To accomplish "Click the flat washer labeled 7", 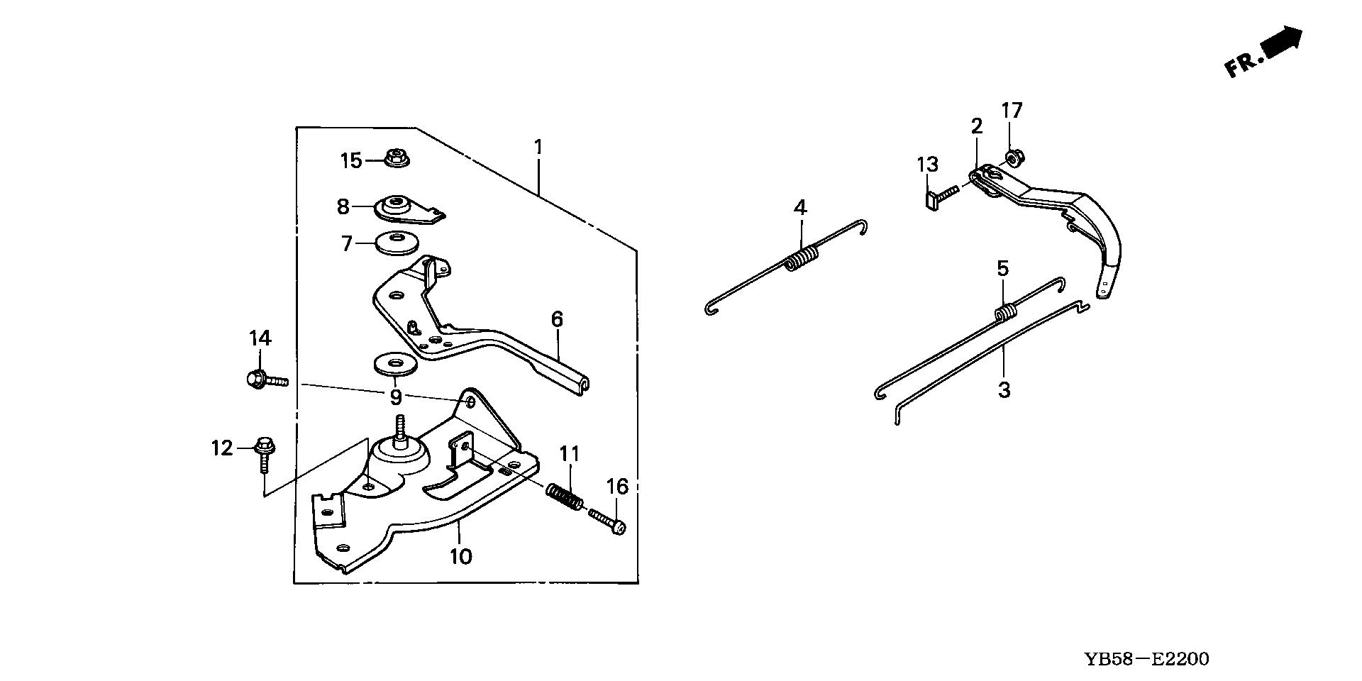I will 396,243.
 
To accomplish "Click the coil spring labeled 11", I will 565,496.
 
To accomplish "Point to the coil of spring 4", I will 800,257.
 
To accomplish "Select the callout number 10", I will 461,556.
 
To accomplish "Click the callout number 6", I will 557,320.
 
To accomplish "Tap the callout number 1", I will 538,148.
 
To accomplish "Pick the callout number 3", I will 1004,390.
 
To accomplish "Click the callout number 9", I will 396,396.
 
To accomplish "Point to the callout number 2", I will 977,127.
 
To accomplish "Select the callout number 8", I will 343,206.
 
